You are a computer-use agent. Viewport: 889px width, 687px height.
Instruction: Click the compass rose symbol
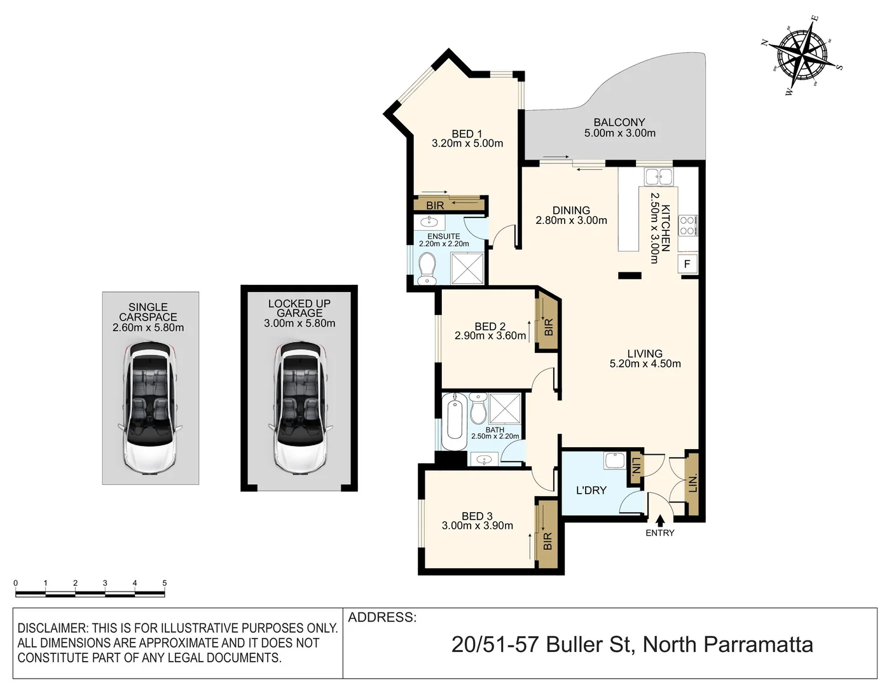(803, 55)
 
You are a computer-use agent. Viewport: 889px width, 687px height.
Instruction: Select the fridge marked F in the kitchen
(687, 264)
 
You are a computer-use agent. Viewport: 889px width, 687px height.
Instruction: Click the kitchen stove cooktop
(687, 226)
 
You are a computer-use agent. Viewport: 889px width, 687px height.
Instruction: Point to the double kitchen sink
(658, 176)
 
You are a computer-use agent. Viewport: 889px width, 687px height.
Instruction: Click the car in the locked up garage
(300, 407)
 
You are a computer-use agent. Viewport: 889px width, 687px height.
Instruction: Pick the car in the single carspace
(150, 407)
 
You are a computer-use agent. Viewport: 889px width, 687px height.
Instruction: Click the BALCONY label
(619, 122)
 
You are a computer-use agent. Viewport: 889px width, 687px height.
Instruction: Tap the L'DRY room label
(591, 490)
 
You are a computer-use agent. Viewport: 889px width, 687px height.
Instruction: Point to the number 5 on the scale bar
(165, 583)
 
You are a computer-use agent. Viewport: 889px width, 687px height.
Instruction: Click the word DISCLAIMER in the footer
(52, 628)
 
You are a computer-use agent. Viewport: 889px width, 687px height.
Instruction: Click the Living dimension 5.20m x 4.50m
(645, 364)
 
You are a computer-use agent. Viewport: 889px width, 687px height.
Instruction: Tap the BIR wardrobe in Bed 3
(548, 534)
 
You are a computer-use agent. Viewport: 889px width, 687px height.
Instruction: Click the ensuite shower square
(468, 268)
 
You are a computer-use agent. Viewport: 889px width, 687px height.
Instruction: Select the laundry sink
(614, 461)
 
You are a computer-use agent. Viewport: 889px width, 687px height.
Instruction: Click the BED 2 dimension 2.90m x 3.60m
(490, 336)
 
